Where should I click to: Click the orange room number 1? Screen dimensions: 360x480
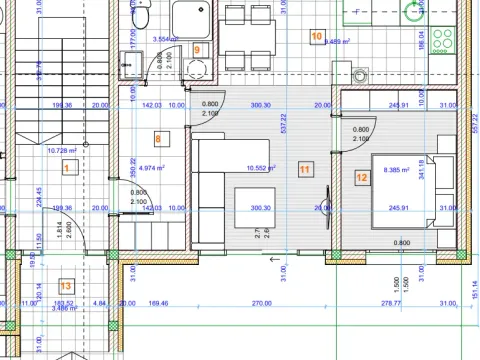66,169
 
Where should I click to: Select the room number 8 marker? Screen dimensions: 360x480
157,137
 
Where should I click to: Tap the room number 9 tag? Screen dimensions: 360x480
197,48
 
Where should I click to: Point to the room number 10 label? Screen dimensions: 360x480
317,37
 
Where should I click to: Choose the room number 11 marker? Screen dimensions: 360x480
304,169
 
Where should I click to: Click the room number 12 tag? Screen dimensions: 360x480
361,178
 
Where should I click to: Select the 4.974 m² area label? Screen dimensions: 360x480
153,168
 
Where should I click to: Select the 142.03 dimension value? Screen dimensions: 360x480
152,104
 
